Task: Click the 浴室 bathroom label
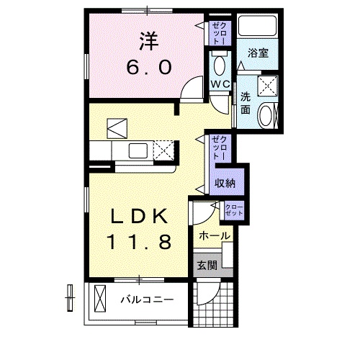tap(258, 53)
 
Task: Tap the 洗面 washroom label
tap(246, 102)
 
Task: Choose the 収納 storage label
tap(225, 183)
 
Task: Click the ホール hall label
tap(215, 236)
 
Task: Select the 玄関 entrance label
tap(207, 265)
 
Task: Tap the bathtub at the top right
tap(258, 27)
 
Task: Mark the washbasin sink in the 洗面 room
tap(266, 114)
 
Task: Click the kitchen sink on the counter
tap(138, 151)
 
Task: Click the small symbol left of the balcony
tap(70, 297)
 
